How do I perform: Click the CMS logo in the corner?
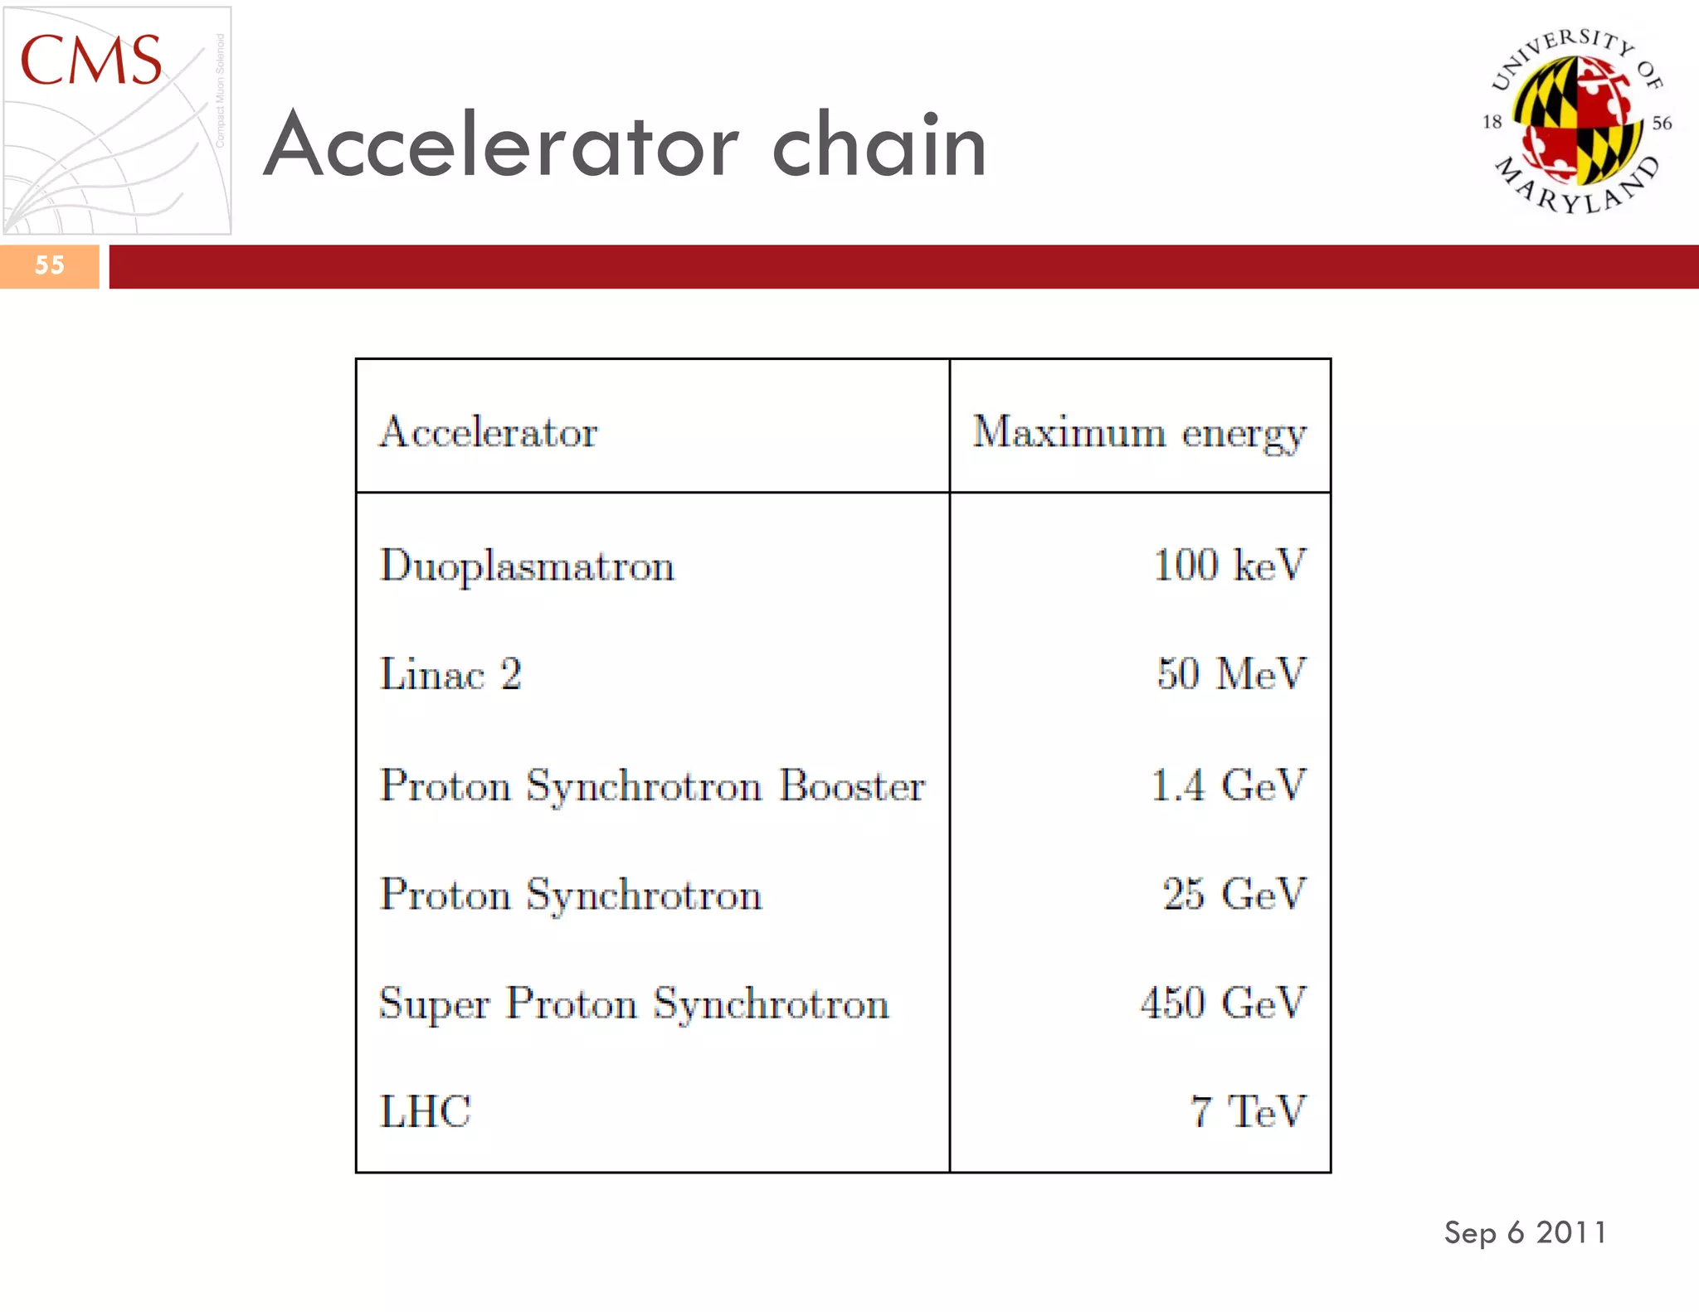click(116, 120)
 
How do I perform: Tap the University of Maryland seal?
click(1577, 121)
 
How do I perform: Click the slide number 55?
click(50, 265)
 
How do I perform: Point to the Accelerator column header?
click(488, 432)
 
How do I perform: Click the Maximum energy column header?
click(1139, 432)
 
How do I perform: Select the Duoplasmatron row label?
click(527, 566)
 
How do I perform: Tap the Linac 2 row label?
click(450, 673)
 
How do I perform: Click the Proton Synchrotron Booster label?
click(652, 785)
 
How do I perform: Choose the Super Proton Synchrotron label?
click(634, 1003)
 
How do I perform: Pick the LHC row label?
click(425, 1111)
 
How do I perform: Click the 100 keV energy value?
click(1229, 565)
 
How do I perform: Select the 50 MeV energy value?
click(1231, 673)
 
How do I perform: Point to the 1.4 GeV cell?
click(1228, 785)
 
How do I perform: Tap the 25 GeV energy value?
click(1234, 894)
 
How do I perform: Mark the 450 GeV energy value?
click(1223, 1003)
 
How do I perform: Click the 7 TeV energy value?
click(1248, 1111)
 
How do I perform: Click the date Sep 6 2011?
click(1525, 1232)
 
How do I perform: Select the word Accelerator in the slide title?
click(501, 146)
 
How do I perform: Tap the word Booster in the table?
click(852, 785)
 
